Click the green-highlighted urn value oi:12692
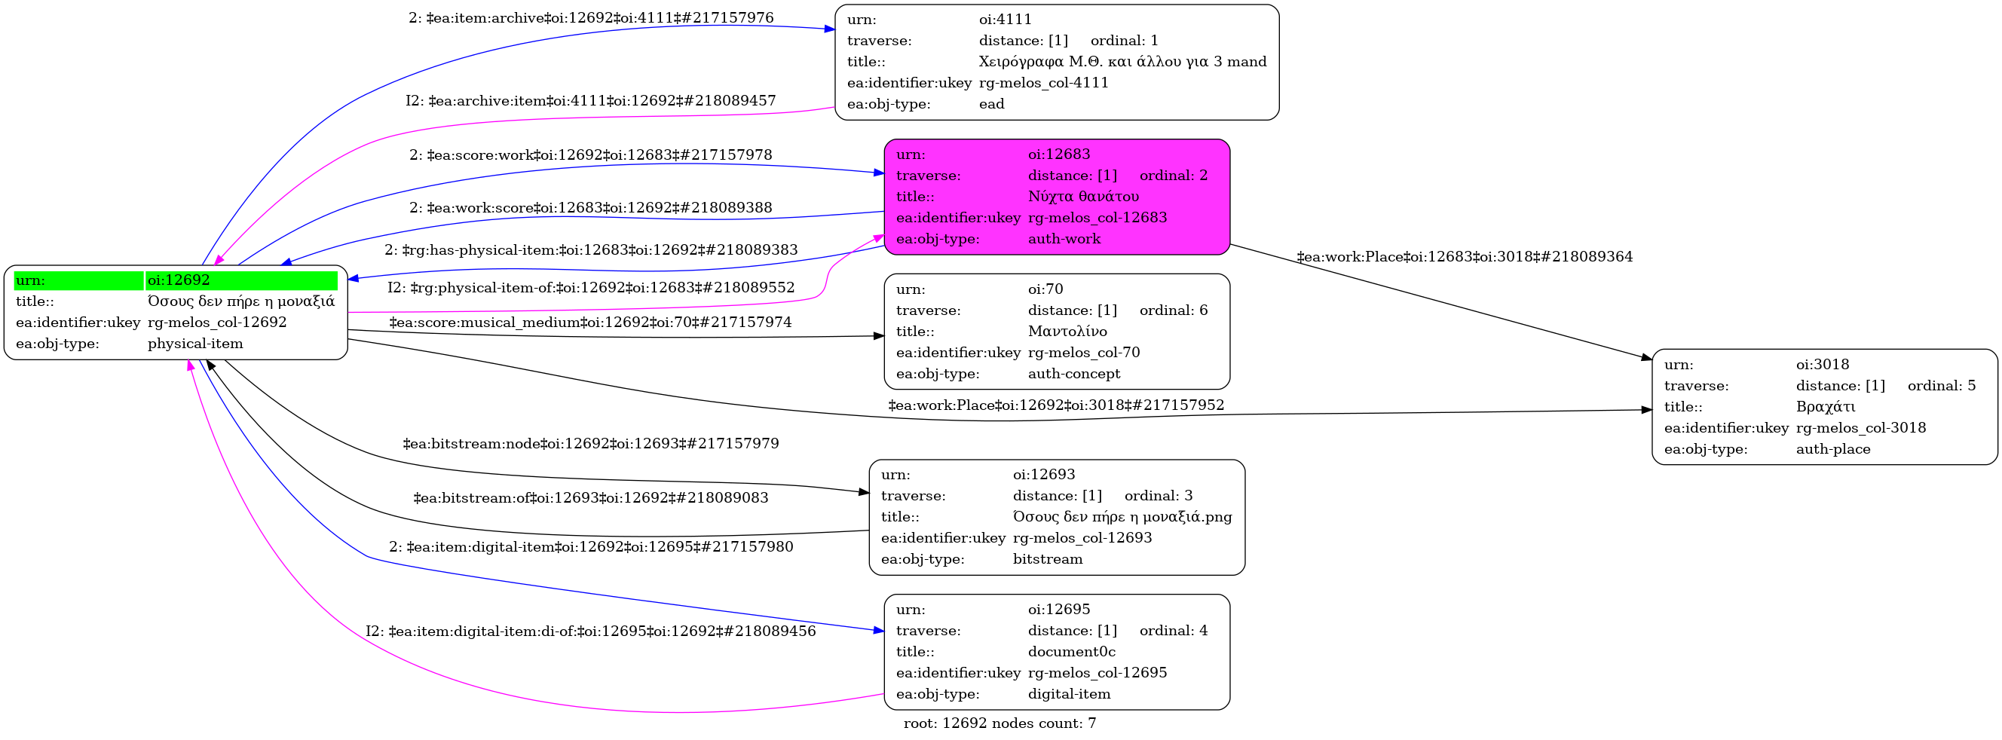179,280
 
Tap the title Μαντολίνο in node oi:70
1067,332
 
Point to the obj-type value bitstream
1047,560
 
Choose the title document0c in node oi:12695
1071,652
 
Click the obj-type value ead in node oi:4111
991,104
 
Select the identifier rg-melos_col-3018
1860,428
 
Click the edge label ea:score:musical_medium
590,323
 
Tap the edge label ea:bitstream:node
591,444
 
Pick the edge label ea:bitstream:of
591,498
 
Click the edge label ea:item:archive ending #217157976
591,18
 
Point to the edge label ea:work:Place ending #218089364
1465,257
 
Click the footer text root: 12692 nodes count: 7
999,723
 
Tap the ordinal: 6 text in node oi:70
1174,311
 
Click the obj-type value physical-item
195,344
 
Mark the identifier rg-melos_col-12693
1082,538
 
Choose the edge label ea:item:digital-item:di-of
591,631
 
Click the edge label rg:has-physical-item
591,250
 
